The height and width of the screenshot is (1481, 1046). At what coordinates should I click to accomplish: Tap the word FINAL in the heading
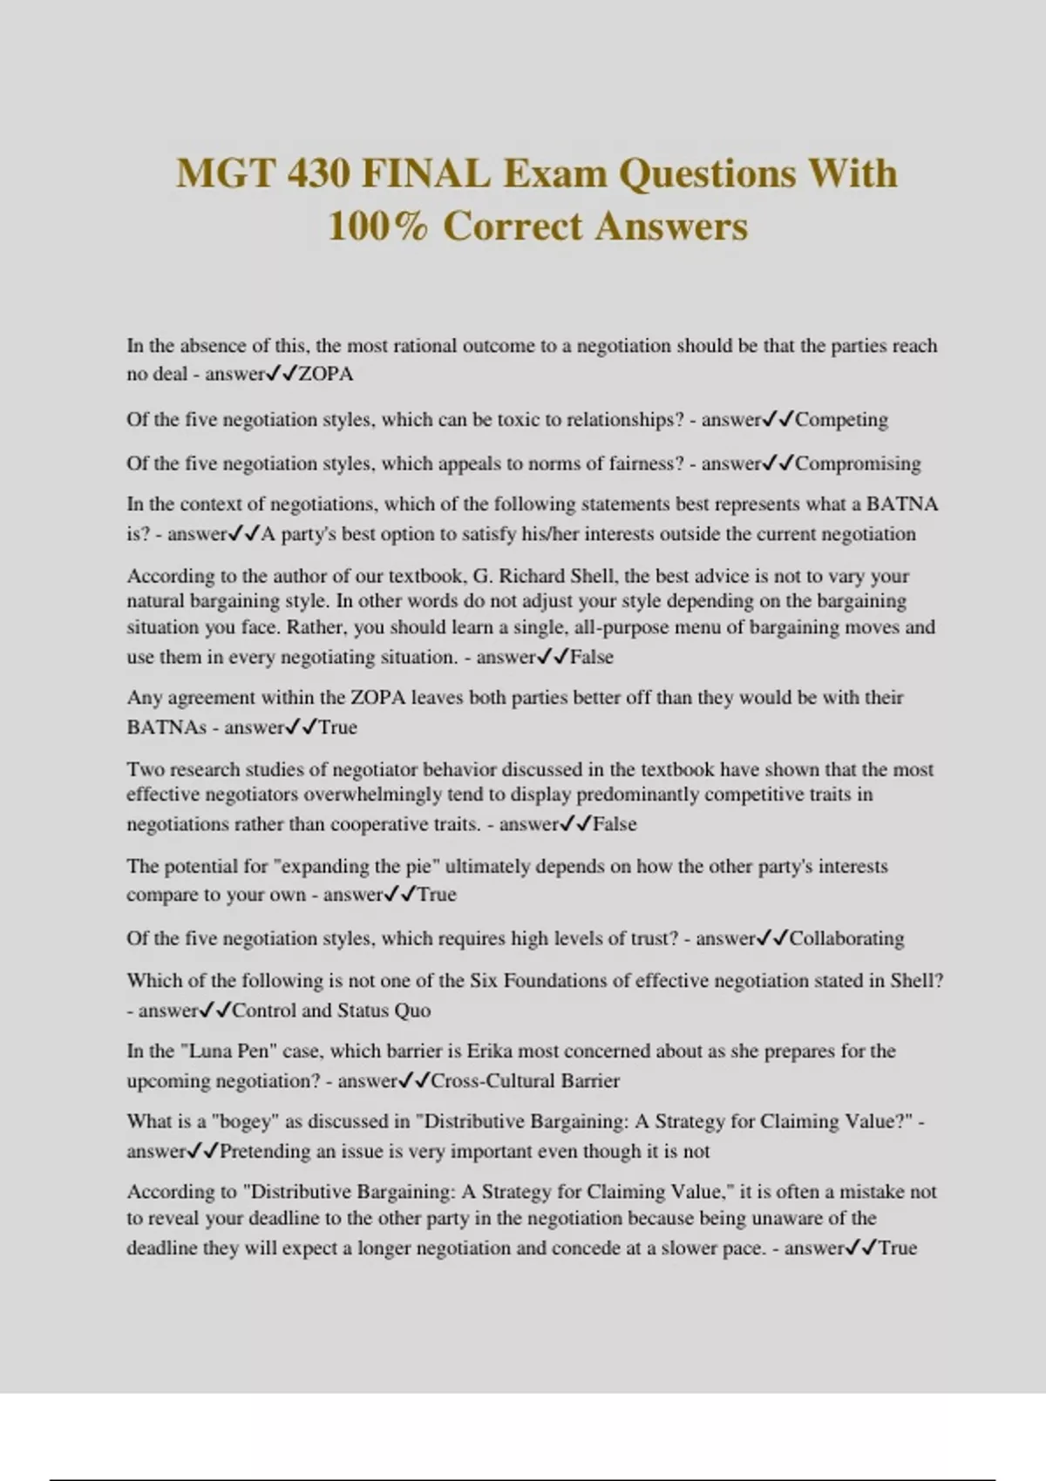(425, 173)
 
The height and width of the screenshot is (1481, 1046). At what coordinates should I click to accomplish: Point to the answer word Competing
(841, 420)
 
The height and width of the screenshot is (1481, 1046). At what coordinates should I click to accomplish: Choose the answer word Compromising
(858, 463)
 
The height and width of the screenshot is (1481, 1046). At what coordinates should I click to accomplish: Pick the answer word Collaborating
(846, 938)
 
